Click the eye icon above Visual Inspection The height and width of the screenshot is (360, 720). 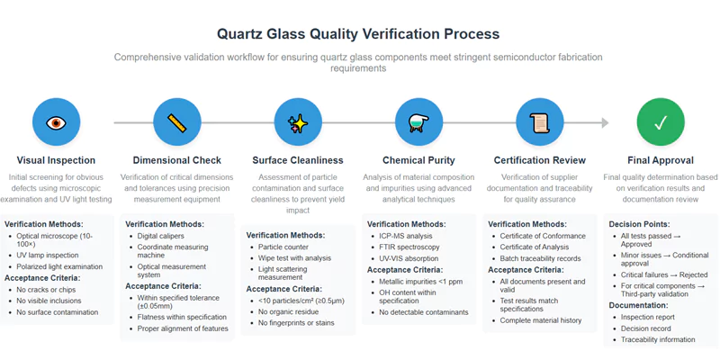(x=57, y=122)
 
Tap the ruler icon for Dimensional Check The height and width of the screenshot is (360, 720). (x=177, y=122)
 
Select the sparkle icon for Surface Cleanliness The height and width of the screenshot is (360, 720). (x=298, y=122)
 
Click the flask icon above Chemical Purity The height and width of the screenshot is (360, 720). (x=418, y=122)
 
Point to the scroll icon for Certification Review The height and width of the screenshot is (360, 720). (x=539, y=122)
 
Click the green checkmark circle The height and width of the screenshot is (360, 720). (x=660, y=122)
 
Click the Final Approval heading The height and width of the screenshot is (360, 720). (x=660, y=160)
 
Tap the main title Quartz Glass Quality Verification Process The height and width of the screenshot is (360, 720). (x=358, y=34)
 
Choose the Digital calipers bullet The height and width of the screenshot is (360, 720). (x=162, y=236)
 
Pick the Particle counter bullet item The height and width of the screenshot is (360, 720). (x=284, y=247)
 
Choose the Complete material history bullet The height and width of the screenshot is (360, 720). (x=541, y=320)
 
